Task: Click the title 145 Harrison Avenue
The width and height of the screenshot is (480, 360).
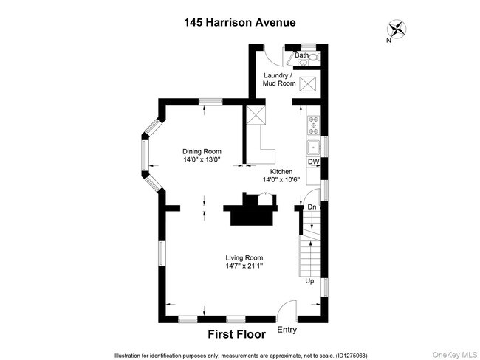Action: (x=239, y=22)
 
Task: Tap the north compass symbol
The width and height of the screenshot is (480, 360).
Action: (x=397, y=30)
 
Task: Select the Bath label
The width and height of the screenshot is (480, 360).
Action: (x=301, y=55)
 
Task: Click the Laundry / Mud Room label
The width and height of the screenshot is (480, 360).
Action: (x=279, y=80)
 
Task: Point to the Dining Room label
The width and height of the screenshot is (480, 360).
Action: (x=202, y=151)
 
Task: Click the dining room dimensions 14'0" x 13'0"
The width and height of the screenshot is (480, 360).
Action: (x=202, y=160)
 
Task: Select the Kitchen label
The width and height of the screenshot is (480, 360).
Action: (x=281, y=170)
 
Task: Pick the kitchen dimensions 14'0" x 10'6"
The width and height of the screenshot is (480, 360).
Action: (x=281, y=179)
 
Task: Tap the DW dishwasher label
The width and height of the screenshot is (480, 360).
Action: (x=312, y=162)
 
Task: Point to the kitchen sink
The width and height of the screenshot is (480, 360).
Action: (x=313, y=145)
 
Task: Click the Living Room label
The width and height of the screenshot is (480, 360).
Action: (x=244, y=257)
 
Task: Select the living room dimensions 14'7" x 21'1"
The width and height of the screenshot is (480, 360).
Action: (x=244, y=266)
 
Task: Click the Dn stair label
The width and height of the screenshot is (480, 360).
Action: (x=312, y=208)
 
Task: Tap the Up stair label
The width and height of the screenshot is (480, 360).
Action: (x=311, y=281)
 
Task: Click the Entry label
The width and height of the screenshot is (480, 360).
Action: (x=286, y=330)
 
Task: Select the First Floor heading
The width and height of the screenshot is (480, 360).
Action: (x=236, y=334)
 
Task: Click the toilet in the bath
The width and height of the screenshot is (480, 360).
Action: (x=313, y=57)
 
